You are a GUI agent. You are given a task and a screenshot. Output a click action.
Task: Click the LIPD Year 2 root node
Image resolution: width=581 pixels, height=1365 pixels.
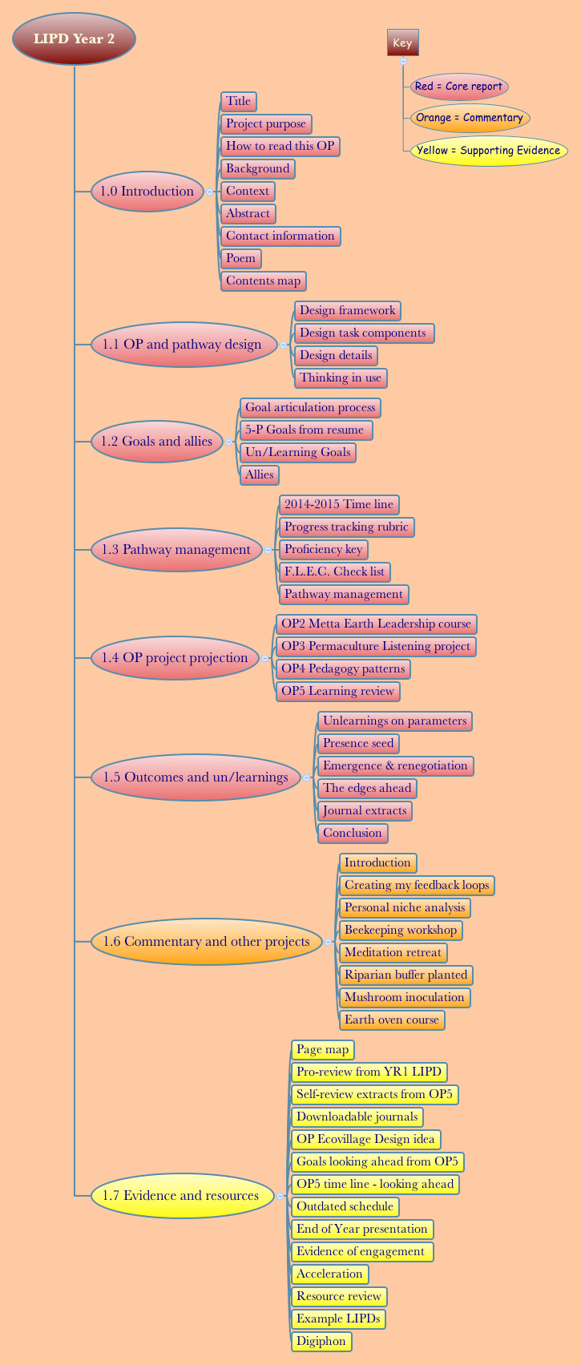[74, 38]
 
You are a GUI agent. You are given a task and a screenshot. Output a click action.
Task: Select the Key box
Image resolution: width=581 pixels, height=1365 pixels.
[402, 43]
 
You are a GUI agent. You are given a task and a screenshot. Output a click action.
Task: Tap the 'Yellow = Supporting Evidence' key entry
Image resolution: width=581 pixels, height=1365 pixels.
[488, 151]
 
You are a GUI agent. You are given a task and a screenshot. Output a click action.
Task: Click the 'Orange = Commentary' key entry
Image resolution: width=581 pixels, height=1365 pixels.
[470, 118]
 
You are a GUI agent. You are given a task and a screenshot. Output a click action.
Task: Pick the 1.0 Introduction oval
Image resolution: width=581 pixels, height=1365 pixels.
[147, 192]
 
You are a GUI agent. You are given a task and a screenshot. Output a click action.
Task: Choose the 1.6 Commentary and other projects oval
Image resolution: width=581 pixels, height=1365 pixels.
[206, 942]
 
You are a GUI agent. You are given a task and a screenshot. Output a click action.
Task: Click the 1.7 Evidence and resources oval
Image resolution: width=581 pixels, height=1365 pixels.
[181, 1196]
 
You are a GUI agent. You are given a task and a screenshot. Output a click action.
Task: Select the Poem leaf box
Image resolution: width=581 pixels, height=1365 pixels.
[240, 258]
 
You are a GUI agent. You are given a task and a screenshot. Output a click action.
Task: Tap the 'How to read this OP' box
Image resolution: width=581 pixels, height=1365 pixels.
[280, 146]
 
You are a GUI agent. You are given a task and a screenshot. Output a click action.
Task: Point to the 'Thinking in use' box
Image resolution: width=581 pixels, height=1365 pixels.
[341, 378]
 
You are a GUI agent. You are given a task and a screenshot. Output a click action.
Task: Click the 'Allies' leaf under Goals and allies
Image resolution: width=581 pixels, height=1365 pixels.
[260, 475]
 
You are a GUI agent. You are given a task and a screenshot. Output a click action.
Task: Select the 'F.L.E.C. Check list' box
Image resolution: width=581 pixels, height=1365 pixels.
[334, 571]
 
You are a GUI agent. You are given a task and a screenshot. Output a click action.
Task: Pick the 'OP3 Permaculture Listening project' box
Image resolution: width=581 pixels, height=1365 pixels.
[376, 646]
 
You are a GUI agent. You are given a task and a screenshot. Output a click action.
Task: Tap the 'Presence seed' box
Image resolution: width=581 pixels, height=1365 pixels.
[358, 743]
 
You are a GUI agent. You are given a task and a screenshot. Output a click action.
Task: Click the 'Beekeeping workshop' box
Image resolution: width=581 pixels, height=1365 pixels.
[401, 930]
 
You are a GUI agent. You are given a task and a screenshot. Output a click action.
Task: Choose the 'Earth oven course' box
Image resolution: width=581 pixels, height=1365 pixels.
[392, 1020]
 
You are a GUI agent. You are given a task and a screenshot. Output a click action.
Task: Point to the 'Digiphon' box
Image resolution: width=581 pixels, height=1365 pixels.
[321, 1341]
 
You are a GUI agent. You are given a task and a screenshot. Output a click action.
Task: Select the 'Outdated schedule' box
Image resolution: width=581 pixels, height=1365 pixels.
[345, 1206]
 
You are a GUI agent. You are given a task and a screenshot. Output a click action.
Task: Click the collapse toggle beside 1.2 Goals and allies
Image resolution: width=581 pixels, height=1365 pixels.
[229, 442]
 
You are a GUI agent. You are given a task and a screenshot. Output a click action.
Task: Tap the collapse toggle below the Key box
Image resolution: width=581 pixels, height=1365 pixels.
[403, 61]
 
